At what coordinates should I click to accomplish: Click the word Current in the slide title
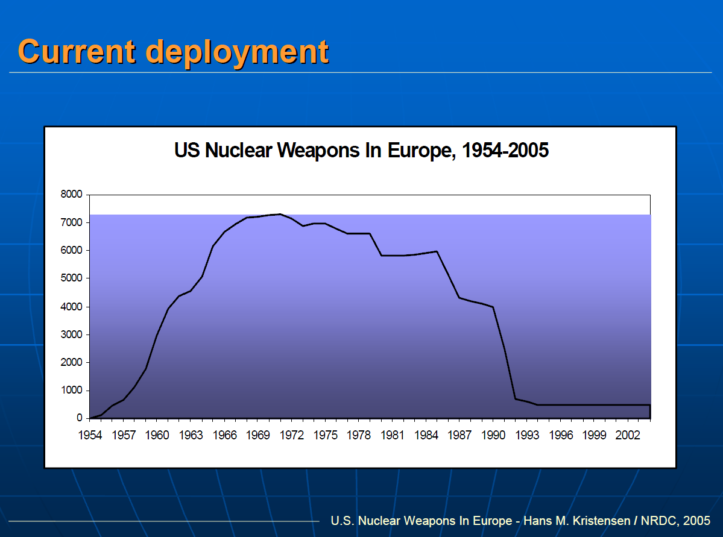[77, 51]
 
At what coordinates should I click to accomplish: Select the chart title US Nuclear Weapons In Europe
[313, 149]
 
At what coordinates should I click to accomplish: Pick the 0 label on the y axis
[79, 418]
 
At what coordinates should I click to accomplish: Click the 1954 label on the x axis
[90, 435]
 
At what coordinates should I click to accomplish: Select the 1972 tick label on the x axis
[292, 435]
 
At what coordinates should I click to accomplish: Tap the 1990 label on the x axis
[494, 435]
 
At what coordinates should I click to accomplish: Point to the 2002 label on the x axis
[628, 435]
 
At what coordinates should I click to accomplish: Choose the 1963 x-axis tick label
[191, 435]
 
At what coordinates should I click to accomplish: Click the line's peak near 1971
[280, 214]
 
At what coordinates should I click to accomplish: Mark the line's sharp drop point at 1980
[381, 256]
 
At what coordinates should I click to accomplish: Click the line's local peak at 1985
[437, 251]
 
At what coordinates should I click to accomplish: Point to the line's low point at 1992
[516, 399]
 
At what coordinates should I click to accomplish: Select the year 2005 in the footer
[697, 520]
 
